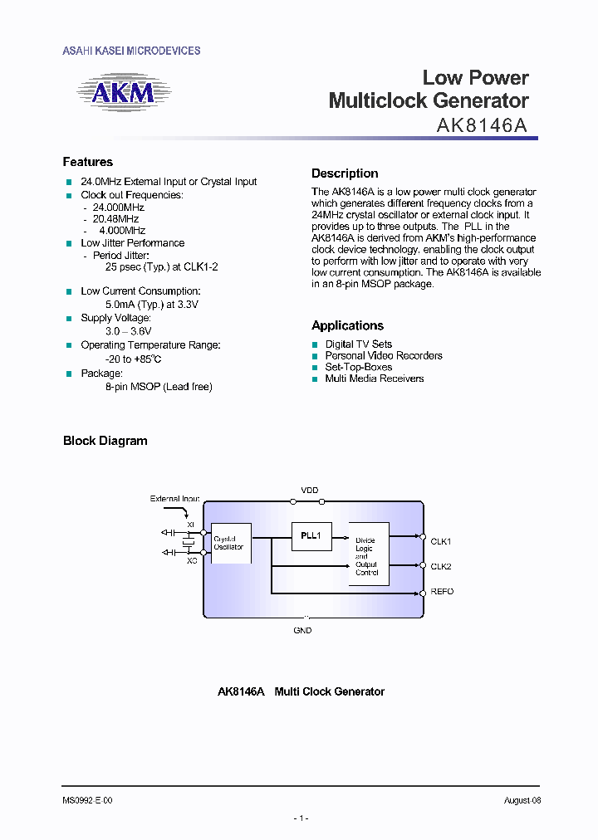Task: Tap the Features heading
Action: pyautogui.click(x=88, y=162)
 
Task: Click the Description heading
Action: pyautogui.click(x=345, y=173)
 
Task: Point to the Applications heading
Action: pyautogui.click(x=347, y=325)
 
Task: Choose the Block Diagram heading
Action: pyautogui.click(x=105, y=441)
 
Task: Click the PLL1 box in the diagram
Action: pyautogui.click(x=311, y=536)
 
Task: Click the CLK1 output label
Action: pyautogui.click(x=440, y=541)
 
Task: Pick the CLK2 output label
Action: pyautogui.click(x=440, y=566)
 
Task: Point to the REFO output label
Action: pyautogui.click(x=442, y=592)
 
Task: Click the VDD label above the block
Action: pyautogui.click(x=309, y=491)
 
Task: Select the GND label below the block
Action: pyautogui.click(x=302, y=631)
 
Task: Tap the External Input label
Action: pyautogui.click(x=174, y=499)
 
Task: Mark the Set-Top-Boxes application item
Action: pyautogui.click(x=358, y=367)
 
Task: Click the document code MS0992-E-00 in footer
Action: pyautogui.click(x=87, y=800)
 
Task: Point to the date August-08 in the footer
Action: pyautogui.click(x=522, y=800)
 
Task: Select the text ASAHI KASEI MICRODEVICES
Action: pyautogui.click(x=131, y=51)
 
